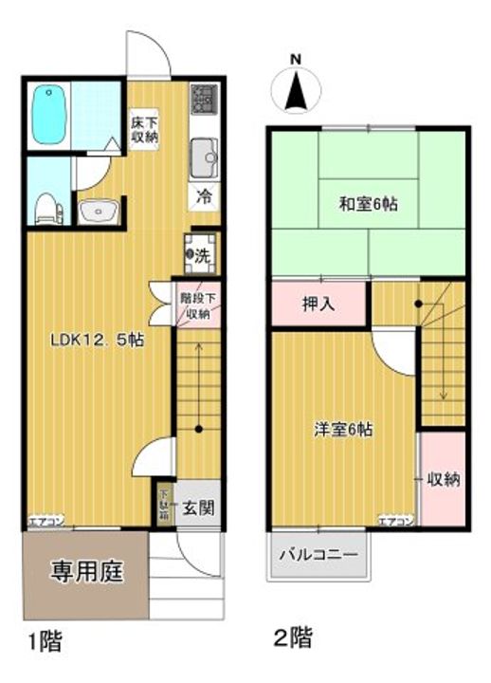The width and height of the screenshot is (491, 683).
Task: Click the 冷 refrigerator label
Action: click(204, 197)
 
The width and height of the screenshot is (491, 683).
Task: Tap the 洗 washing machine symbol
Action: click(201, 253)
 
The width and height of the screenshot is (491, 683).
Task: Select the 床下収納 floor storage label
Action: click(144, 127)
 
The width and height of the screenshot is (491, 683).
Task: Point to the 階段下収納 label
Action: click(198, 305)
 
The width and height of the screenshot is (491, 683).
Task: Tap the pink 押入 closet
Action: click(318, 305)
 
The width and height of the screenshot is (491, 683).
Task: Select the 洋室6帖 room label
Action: click(343, 428)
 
